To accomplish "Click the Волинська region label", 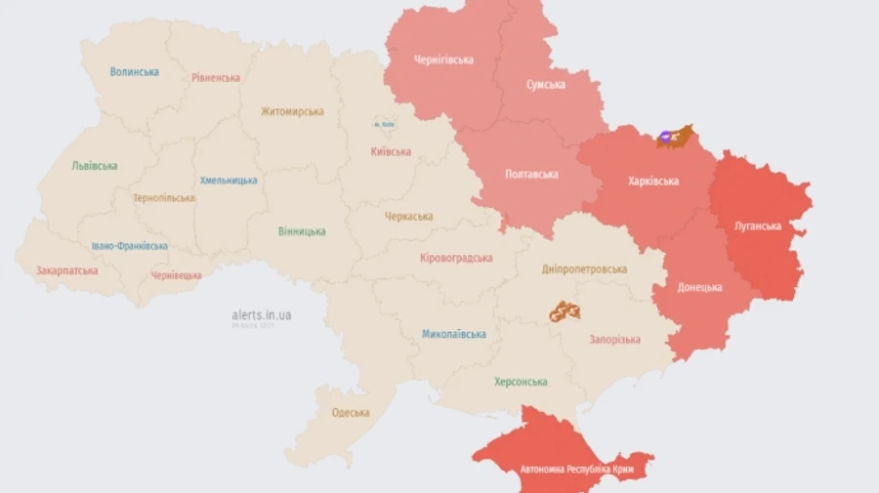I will click(134, 71).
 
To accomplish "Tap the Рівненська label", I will click(216, 77).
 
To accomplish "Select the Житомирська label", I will click(292, 111).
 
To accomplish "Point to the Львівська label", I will click(95, 166).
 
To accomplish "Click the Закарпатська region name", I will click(66, 270).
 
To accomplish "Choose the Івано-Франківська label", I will click(130, 246).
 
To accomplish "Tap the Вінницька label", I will click(302, 231).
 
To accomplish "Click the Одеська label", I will click(351, 412).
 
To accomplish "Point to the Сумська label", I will click(545, 85).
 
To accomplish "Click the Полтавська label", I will click(531, 174).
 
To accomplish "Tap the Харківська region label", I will click(652, 181).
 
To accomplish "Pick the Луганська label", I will click(757, 226).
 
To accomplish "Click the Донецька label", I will click(700, 287).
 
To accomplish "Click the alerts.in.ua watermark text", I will click(261, 315).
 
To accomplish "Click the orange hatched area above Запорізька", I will click(564, 311).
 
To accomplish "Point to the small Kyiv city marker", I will click(383, 125).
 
